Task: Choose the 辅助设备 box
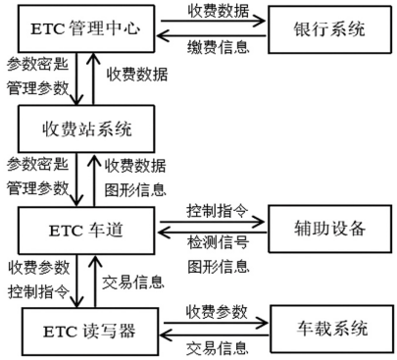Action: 323,230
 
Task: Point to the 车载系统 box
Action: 323,328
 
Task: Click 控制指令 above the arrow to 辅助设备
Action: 214,208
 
